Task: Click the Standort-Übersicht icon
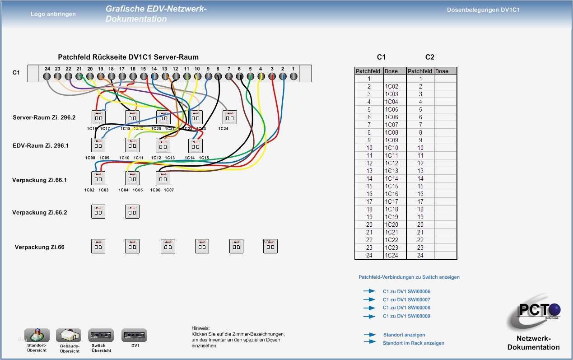coord(37,335)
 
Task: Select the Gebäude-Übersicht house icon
coord(69,335)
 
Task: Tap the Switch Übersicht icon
coord(101,335)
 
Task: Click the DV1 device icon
coord(135,335)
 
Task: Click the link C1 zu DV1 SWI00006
coord(406,291)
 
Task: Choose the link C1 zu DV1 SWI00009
coord(406,316)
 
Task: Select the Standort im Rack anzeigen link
coord(413,343)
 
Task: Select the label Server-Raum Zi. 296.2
coord(44,117)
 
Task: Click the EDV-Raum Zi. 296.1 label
coord(41,145)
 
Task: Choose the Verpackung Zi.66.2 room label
coord(39,212)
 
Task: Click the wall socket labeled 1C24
coord(229,117)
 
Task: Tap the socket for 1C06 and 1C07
coord(163,178)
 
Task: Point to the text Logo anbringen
coord(53,14)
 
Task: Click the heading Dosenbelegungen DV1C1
coord(483,9)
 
